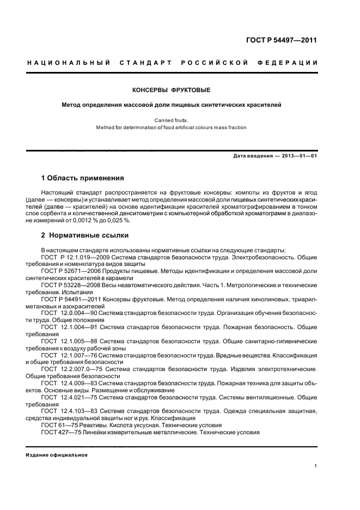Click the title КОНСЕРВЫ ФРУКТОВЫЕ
pos(172,89)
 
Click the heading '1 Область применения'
pos(82,178)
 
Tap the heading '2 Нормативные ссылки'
pos(84,235)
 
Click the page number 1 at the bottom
pos(316,465)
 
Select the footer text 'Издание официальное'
pos(57,454)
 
